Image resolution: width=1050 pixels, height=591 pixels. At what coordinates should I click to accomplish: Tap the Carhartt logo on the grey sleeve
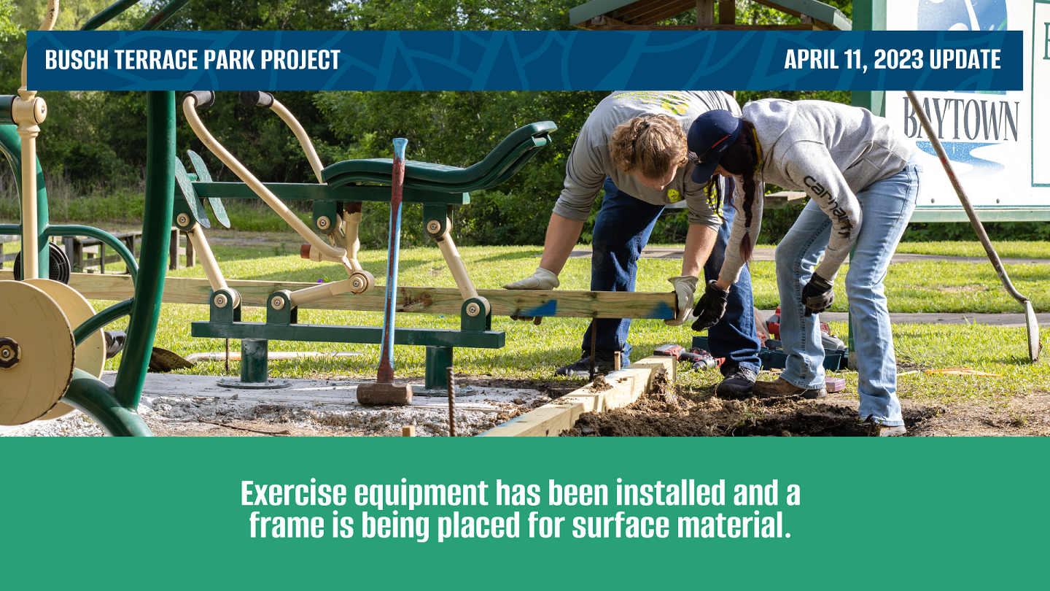coord(828,204)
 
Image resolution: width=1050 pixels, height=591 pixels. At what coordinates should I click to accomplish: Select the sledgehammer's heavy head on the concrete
coord(384,393)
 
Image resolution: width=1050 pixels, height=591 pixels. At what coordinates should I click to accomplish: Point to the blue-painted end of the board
coord(660,309)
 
